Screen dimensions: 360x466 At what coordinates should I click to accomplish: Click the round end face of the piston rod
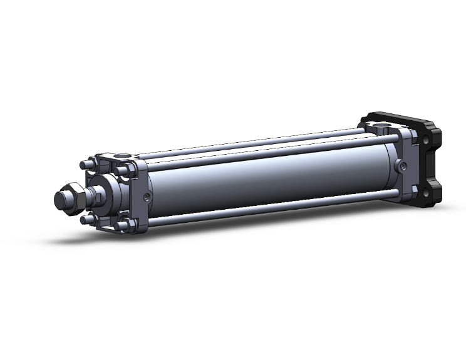61,200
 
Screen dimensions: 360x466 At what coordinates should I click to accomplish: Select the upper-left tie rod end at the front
85,165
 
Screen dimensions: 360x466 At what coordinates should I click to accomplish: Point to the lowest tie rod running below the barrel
269,210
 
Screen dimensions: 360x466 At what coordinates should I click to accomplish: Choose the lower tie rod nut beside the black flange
413,188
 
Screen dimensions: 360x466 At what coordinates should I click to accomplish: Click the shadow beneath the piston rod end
75,238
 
